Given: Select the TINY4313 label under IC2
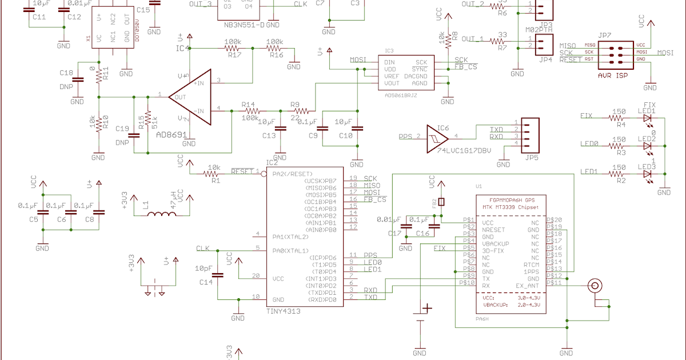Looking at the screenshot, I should (x=284, y=311).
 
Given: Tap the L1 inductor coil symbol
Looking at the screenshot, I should (x=163, y=214).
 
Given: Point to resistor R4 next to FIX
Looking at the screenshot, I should (x=618, y=117).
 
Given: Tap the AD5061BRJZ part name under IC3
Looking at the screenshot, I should (x=401, y=95).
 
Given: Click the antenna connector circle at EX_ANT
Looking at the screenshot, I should (x=596, y=285).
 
